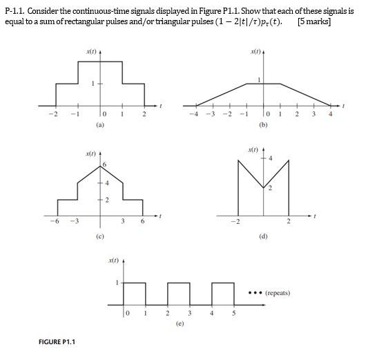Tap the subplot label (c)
(x=101, y=236)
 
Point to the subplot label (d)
(x=262, y=236)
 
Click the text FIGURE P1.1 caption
(x=58, y=341)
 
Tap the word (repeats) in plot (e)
(x=279, y=293)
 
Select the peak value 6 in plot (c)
(x=105, y=164)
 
